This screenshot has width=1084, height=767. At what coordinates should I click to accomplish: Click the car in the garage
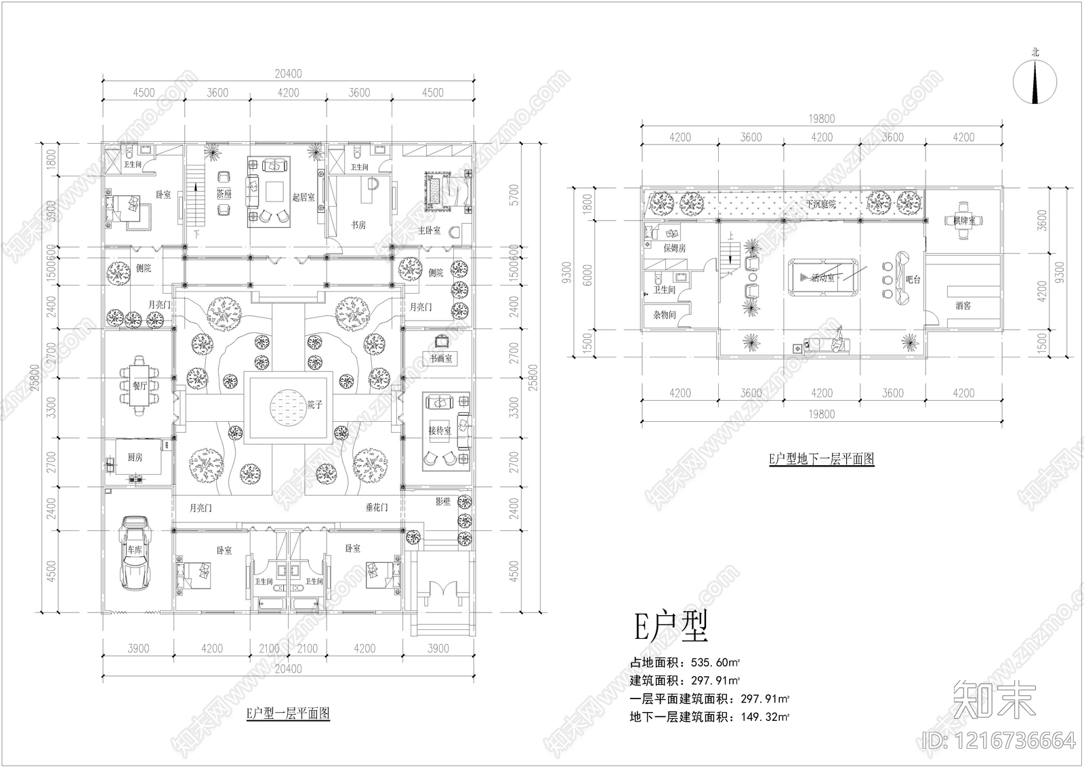(x=133, y=553)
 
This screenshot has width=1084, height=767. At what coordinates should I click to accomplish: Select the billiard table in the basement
(x=821, y=277)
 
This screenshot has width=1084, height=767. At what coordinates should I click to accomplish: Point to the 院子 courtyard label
(x=314, y=405)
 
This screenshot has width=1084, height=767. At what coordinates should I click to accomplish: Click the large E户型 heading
(x=671, y=628)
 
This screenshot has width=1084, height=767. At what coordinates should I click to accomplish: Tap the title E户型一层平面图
(x=287, y=713)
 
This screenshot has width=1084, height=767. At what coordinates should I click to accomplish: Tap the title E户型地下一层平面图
(x=821, y=459)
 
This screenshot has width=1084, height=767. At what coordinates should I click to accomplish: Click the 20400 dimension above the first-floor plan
(x=287, y=74)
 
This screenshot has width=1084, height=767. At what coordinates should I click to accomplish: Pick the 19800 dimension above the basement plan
(x=821, y=119)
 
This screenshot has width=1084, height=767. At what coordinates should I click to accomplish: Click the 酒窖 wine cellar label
(x=963, y=306)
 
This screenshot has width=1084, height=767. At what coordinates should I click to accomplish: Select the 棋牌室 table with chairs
(x=962, y=220)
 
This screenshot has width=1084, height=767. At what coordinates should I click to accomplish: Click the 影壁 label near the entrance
(x=442, y=502)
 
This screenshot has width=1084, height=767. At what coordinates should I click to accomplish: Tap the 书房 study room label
(x=358, y=224)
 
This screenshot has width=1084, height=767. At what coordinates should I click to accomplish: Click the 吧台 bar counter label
(x=913, y=279)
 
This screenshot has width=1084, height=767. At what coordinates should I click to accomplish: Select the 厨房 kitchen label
(x=135, y=458)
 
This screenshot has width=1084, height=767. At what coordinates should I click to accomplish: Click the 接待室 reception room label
(x=439, y=430)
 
